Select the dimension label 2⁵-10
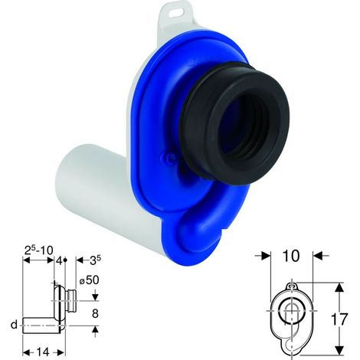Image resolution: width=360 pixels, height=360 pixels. click(38, 250)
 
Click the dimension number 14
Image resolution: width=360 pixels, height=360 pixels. click(42, 352)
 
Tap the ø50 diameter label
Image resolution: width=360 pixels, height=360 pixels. click(89, 280)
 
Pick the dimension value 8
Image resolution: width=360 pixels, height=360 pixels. click(95, 313)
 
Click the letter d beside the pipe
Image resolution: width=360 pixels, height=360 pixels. click(15, 325)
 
